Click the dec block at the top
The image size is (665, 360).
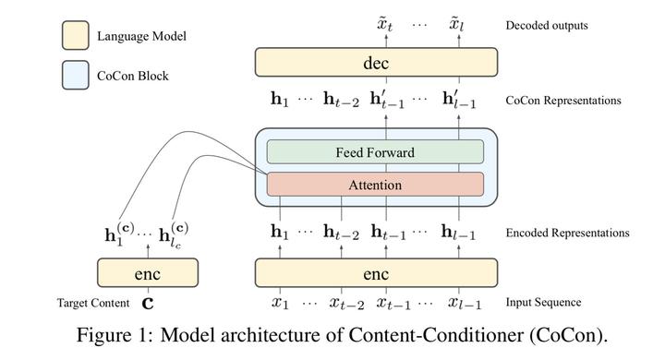click(376, 63)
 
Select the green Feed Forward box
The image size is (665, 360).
click(374, 152)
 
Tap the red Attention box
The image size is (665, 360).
click(374, 185)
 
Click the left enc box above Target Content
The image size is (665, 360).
click(148, 274)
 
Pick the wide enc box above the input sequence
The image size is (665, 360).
click(376, 274)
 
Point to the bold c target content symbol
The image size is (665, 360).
click(147, 303)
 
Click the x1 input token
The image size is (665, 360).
click(277, 303)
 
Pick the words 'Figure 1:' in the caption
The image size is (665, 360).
click(110, 334)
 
